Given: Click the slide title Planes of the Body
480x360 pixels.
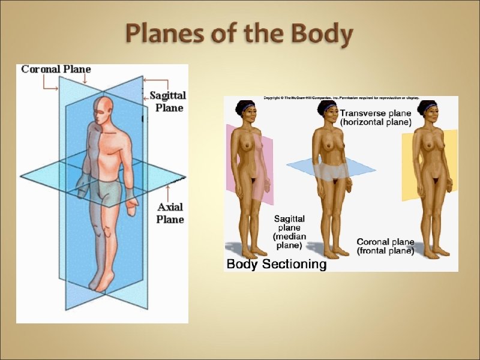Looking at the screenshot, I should (238, 35).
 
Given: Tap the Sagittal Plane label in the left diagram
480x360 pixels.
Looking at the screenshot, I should (167, 101).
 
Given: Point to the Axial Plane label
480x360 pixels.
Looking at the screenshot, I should (170, 213).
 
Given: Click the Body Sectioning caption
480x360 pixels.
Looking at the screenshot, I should (277, 264).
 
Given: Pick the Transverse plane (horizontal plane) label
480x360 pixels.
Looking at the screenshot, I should (376, 116).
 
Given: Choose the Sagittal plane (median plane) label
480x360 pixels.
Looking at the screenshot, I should (290, 232).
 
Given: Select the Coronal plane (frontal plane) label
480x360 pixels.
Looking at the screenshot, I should (385, 247).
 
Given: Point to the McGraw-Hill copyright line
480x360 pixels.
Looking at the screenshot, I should (341, 98).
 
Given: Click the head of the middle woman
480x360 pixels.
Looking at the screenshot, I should (328, 112).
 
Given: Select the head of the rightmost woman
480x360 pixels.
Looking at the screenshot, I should (430, 112).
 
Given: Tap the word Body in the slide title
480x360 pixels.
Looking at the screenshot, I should (321, 35).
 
